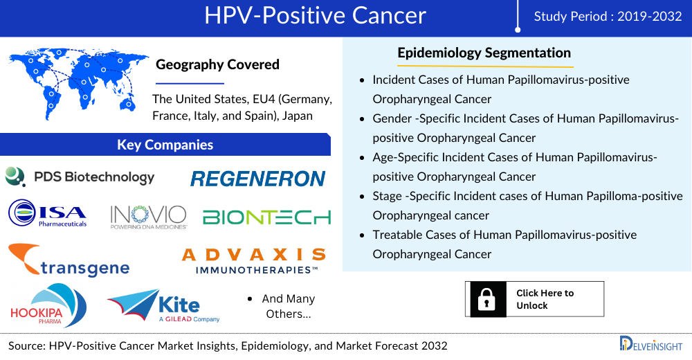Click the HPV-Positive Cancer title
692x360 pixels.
[315, 16]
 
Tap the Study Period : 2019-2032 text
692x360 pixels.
[608, 17]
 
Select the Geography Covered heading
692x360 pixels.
[217, 64]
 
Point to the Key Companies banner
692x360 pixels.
[165, 145]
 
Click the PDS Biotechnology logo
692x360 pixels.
[80, 177]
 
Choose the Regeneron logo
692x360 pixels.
[257, 179]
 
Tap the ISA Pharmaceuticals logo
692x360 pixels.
[48, 214]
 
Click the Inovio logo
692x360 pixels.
[148, 216]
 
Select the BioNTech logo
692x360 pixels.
[266, 217]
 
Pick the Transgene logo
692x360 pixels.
[69, 260]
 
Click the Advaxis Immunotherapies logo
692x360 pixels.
[253, 260]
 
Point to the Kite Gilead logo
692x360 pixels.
[164, 306]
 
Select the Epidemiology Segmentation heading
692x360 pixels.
[484, 53]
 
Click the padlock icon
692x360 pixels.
[488, 299]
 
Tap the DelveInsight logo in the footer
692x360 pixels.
[650, 343]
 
